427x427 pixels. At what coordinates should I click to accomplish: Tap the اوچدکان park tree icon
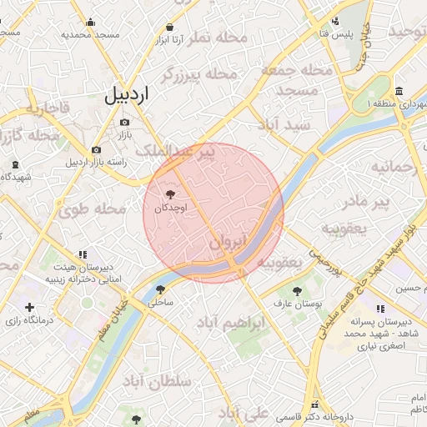point(171,193)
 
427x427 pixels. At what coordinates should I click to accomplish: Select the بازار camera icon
point(125,122)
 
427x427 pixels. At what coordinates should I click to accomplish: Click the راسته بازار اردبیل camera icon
point(96,149)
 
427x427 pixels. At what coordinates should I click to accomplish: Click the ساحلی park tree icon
point(160,289)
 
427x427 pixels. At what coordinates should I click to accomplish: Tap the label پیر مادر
point(368,202)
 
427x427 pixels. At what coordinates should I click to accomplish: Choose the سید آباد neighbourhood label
point(284,124)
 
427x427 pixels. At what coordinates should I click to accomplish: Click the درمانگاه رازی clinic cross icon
point(31,308)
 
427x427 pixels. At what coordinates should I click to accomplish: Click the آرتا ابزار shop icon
point(170,26)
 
